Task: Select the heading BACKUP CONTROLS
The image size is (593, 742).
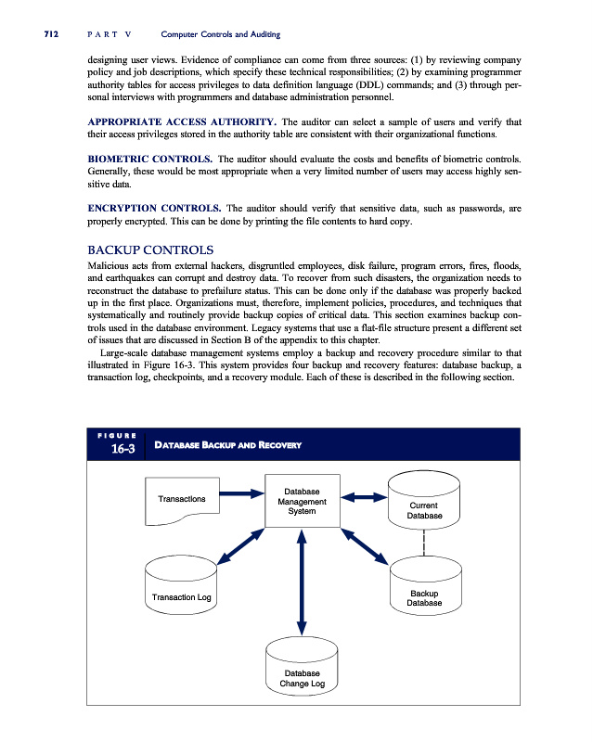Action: coord(150,249)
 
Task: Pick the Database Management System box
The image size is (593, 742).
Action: coord(302,501)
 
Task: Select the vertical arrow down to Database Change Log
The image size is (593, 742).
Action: coord(302,582)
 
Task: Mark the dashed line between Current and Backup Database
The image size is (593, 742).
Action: coord(424,543)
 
